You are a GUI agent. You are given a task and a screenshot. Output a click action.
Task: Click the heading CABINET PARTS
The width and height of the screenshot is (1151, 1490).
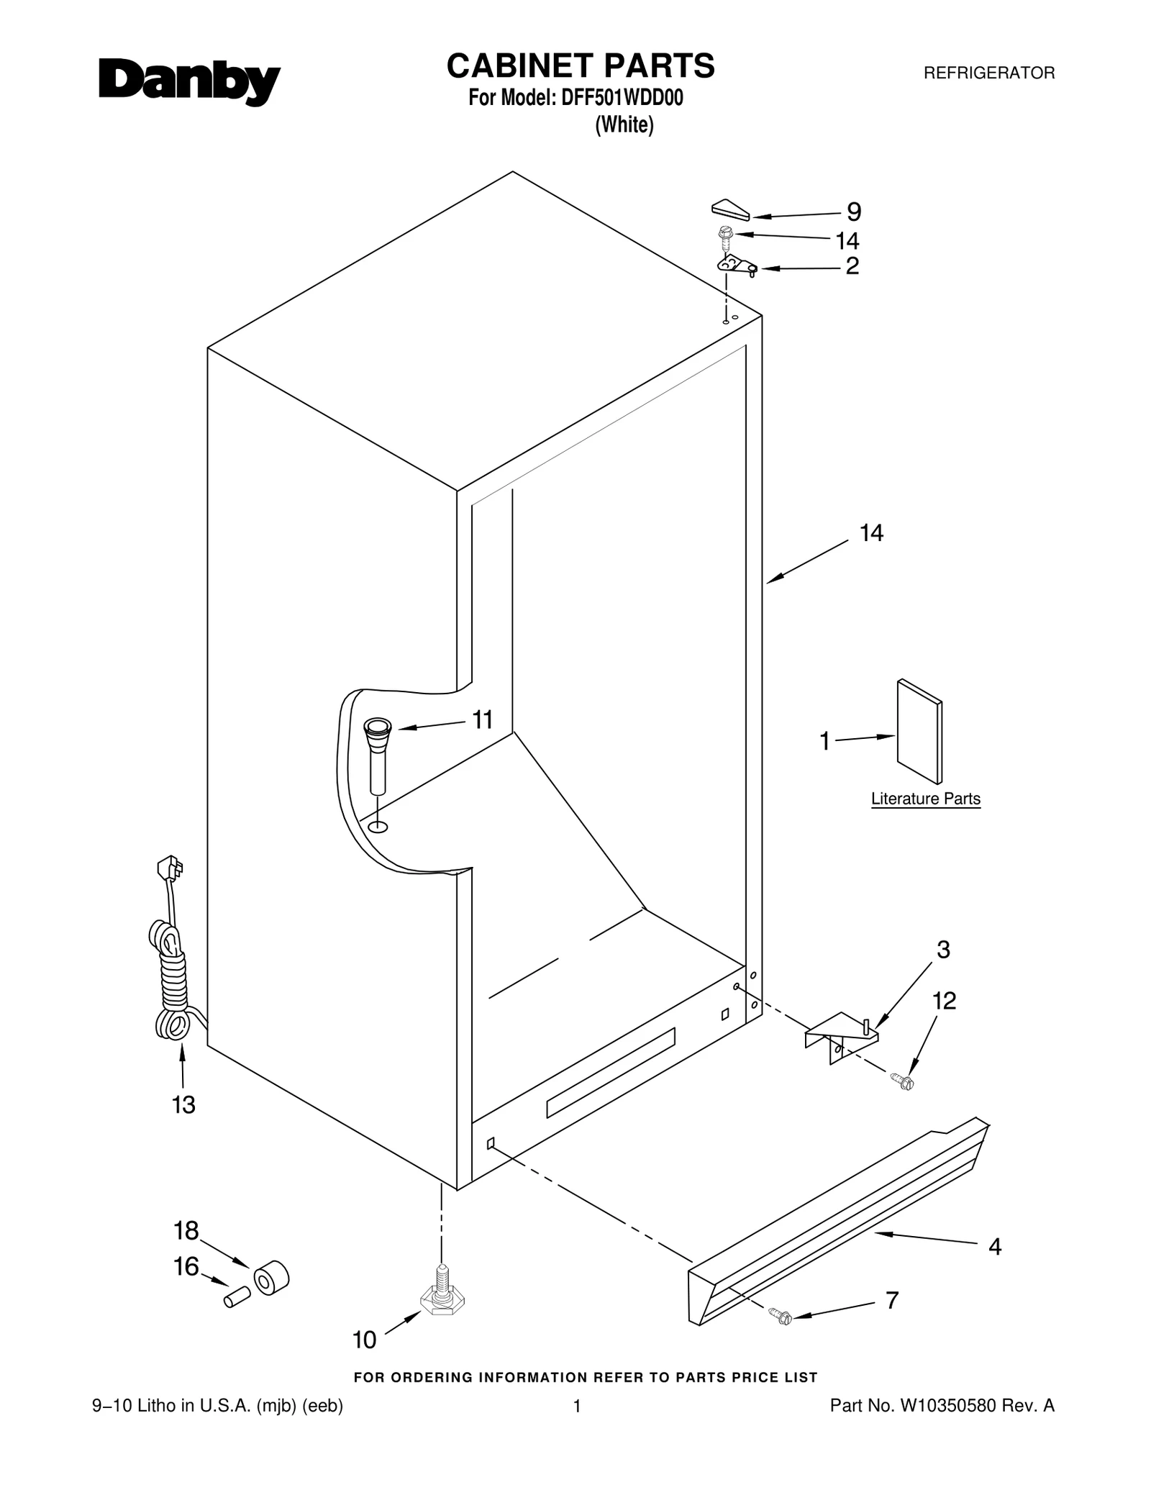[581, 65]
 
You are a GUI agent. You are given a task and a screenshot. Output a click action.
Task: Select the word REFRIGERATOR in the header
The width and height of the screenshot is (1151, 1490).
[988, 73]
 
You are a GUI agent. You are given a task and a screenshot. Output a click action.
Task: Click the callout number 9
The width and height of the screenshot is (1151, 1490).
[853, 212]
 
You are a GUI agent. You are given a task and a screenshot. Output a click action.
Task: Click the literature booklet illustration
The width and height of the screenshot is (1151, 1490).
[919, 730]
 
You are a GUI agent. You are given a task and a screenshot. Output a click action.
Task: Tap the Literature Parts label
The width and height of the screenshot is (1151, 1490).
[925, 799]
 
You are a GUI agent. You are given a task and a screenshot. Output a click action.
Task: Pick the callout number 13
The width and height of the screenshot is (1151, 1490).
[183, 1104]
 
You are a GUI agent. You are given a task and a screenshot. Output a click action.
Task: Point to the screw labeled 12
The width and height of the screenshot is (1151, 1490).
[900, 1080]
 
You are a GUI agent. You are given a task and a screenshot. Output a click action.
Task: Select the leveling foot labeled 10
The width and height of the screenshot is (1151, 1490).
[442, 1299]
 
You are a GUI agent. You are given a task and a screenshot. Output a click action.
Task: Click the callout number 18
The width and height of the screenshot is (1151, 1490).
[186, 1231]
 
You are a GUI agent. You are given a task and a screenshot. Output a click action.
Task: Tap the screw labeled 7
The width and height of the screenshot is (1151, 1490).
[779, 1316]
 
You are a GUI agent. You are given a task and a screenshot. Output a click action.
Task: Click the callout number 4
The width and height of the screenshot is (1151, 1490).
[995, 1246]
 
